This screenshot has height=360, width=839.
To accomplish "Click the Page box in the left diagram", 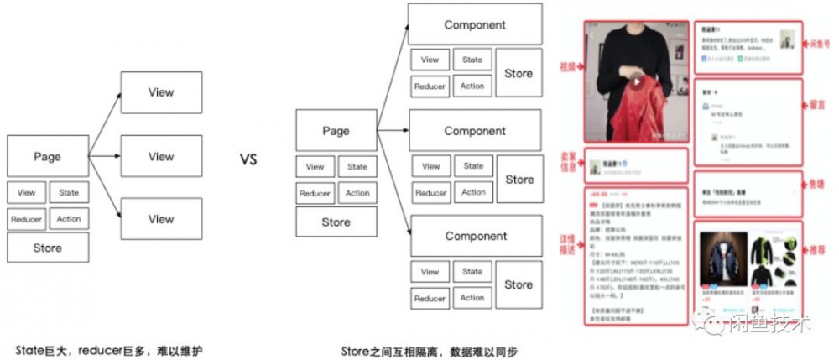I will coord(48,157).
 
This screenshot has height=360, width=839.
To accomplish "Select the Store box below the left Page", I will coord(48,248).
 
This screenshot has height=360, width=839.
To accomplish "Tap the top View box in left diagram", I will coord(161,92).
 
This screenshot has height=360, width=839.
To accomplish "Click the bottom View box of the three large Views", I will coord(161,219).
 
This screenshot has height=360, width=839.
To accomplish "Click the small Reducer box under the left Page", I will coord(26,220).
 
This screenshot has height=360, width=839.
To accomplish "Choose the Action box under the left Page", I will coord(69,220).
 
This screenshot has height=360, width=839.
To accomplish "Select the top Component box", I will coord(475,25).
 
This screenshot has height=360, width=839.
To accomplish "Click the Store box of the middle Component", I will coord(519,180).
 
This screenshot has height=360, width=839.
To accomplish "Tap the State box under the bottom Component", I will coord(472,271).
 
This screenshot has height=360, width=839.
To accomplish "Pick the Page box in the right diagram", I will coord(336,132).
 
